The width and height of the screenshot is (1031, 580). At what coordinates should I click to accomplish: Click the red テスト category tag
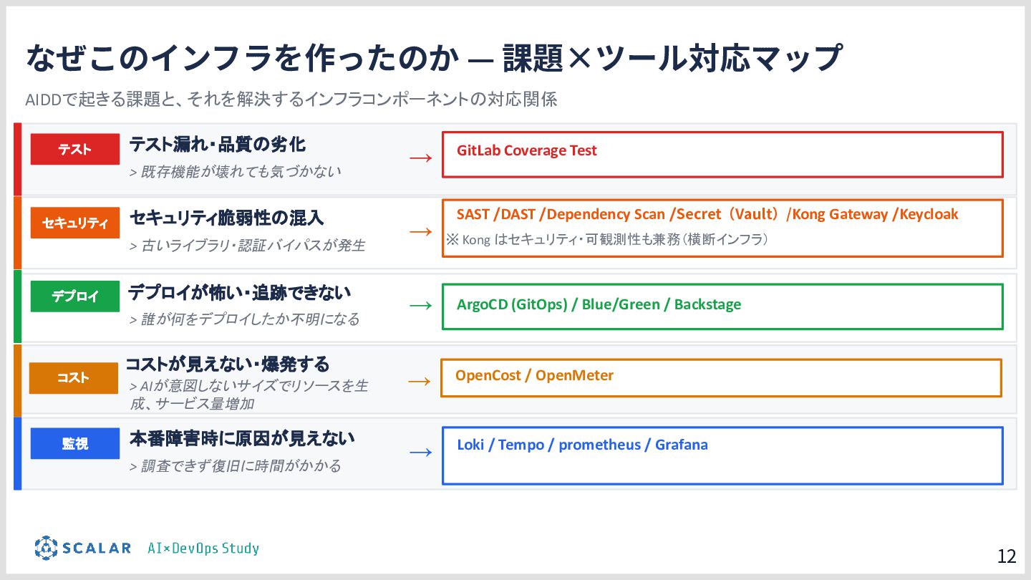click(74, 149)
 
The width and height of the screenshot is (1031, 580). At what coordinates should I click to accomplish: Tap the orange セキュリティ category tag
click(74, 223)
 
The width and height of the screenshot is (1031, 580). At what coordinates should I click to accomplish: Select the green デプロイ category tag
click(74, 296)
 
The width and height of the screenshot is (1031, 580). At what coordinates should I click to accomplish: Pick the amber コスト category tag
click(73, 378)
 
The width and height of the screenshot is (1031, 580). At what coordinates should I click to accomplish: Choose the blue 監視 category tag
click(74, 443)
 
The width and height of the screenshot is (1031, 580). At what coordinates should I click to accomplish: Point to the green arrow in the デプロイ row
click(421, 306)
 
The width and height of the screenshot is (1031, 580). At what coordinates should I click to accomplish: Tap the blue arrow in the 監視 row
click(421, 452)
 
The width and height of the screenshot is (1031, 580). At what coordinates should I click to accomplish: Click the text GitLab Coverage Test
click(526, 150)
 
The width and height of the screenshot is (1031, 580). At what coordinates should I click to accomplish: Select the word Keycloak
click(929, 214)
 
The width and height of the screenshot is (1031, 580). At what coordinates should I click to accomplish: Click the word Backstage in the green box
click(707, 304)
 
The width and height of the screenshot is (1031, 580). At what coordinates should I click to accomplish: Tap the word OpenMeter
click(574, 375)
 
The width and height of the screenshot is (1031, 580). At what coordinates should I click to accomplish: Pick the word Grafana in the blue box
click(681, 445)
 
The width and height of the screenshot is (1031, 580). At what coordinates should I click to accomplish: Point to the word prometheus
click(599, 445)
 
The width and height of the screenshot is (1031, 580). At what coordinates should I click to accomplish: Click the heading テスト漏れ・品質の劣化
click(217, 145)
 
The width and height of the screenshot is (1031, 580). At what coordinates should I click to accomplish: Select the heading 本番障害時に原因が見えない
click(242, 438)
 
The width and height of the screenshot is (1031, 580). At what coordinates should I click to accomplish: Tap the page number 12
click(1007, 556)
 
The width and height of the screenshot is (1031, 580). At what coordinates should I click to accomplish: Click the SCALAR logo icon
click(46, 548)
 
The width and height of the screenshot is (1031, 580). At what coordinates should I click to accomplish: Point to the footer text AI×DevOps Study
click(203, 548)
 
